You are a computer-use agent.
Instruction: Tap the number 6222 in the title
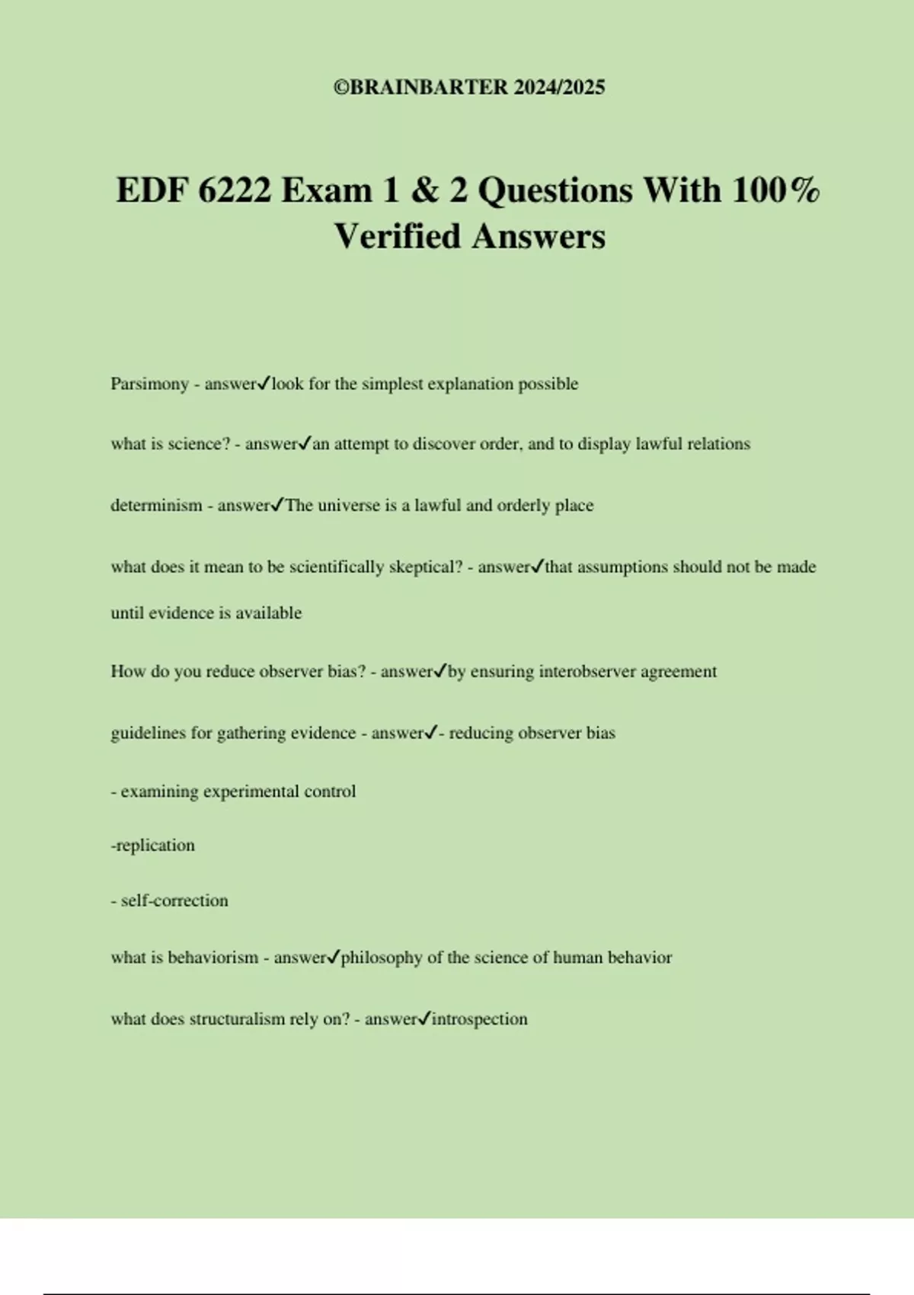point(235,190)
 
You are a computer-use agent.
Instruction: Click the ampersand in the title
point(423,190)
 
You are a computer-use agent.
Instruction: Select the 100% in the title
point(776,190)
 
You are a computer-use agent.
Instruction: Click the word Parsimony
point(149,384)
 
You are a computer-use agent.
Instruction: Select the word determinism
point(156,506)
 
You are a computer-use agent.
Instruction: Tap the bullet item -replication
point(153,846)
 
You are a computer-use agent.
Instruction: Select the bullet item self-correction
point(174,900)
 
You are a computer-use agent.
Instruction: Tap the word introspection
point(479,1019)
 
